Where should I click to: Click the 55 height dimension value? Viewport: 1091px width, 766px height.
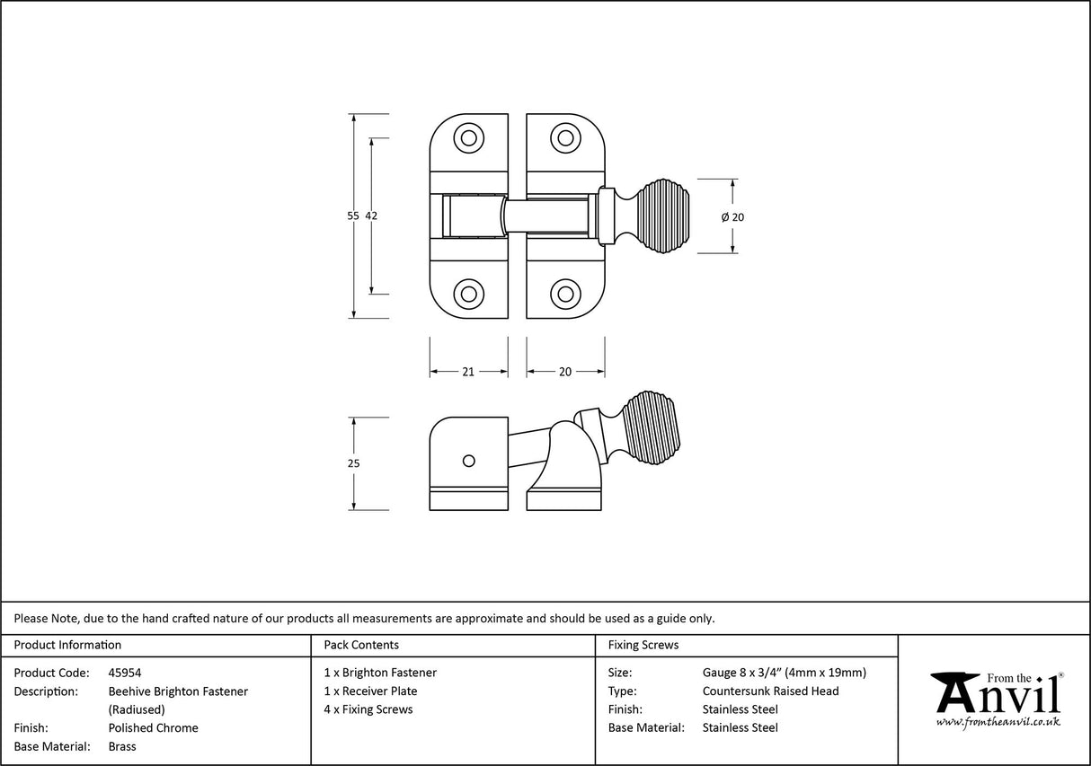click(353, 216)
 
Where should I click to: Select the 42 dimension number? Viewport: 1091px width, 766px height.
click(372, 216)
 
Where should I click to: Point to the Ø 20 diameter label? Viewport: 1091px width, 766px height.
click(733, 217)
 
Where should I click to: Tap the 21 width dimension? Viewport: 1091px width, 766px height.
click(468, 372)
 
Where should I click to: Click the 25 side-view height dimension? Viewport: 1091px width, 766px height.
click(353, 463)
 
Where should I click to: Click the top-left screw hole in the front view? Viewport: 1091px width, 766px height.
click(467, 138)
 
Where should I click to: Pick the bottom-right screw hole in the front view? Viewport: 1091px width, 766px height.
click(565, 294)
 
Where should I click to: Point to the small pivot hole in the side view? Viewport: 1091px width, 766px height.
click(467, 461)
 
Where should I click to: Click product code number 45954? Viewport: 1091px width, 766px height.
click(125, 673)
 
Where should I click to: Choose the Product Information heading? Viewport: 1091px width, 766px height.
click(67, 645)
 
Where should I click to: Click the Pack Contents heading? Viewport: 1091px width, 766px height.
click(361, 645)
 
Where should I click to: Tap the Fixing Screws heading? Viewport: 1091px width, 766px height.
click(643, 645)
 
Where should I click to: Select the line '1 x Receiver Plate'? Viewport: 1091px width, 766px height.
click(370, 691)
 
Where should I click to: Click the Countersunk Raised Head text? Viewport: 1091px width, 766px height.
click(770, 691)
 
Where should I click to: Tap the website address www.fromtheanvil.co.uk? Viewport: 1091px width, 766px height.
click(998, 721)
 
